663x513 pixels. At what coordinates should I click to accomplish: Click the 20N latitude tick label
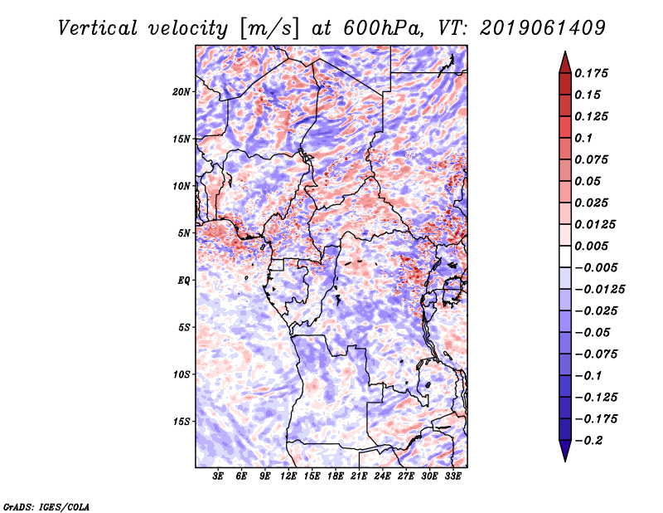(x=181, y=91)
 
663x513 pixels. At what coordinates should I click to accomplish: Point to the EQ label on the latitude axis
(x=185, y=281)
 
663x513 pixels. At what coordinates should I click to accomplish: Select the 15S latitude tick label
(x=181, y=422)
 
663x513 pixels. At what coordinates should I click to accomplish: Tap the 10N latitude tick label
(x=181, y=186)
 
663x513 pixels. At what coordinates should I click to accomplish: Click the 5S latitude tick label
(x=184, y=327)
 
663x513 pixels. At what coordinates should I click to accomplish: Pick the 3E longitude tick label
(x=218, y=477)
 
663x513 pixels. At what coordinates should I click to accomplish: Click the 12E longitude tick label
(x=288, y=477)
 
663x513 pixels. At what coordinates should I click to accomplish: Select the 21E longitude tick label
(x=359, y=477)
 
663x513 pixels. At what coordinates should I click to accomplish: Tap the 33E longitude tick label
(x=452, y=477)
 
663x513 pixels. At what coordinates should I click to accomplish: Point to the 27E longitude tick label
(x=405, y=477)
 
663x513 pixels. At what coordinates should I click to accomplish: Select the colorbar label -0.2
(x=591, y=440)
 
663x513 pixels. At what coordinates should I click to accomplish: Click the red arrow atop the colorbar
(x=564, y=61)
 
